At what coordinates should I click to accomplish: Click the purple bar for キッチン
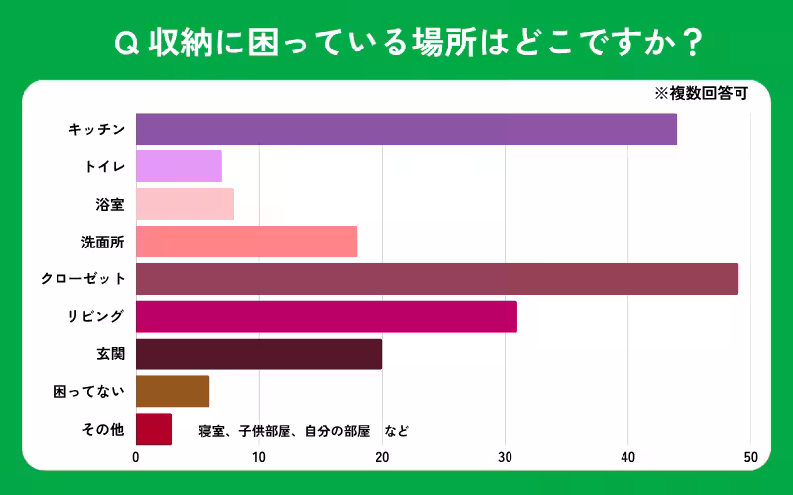click(x=406, y=130)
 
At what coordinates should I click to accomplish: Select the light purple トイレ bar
click(x=178, y=166)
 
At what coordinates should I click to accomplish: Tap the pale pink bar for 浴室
click(x=184, y=204)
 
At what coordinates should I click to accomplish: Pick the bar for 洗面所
click(x=246, y=242)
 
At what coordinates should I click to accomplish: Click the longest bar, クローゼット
click(x=437, y=279)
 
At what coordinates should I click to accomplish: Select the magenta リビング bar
click(x=326, y=317)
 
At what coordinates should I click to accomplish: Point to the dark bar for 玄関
click(x=259, y=353)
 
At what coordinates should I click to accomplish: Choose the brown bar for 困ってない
click(x=172, y=391)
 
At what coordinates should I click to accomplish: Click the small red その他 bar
click(x=154, y=429)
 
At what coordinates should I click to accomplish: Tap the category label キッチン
click(x=96, y=130)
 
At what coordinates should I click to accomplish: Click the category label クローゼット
click(x=82, y=279)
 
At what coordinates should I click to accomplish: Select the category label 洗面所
click(x=102, y=242)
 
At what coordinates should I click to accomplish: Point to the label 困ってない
click(x=88, y=391)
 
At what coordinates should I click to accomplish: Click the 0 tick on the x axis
click(x=136, y=457)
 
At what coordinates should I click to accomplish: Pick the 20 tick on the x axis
click(x=382, y=457)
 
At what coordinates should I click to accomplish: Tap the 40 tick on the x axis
click(x=627, y=457)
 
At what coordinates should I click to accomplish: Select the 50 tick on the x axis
click(x=750, y=457)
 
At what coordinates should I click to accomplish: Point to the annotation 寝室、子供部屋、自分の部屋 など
click(x=303, y=431)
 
